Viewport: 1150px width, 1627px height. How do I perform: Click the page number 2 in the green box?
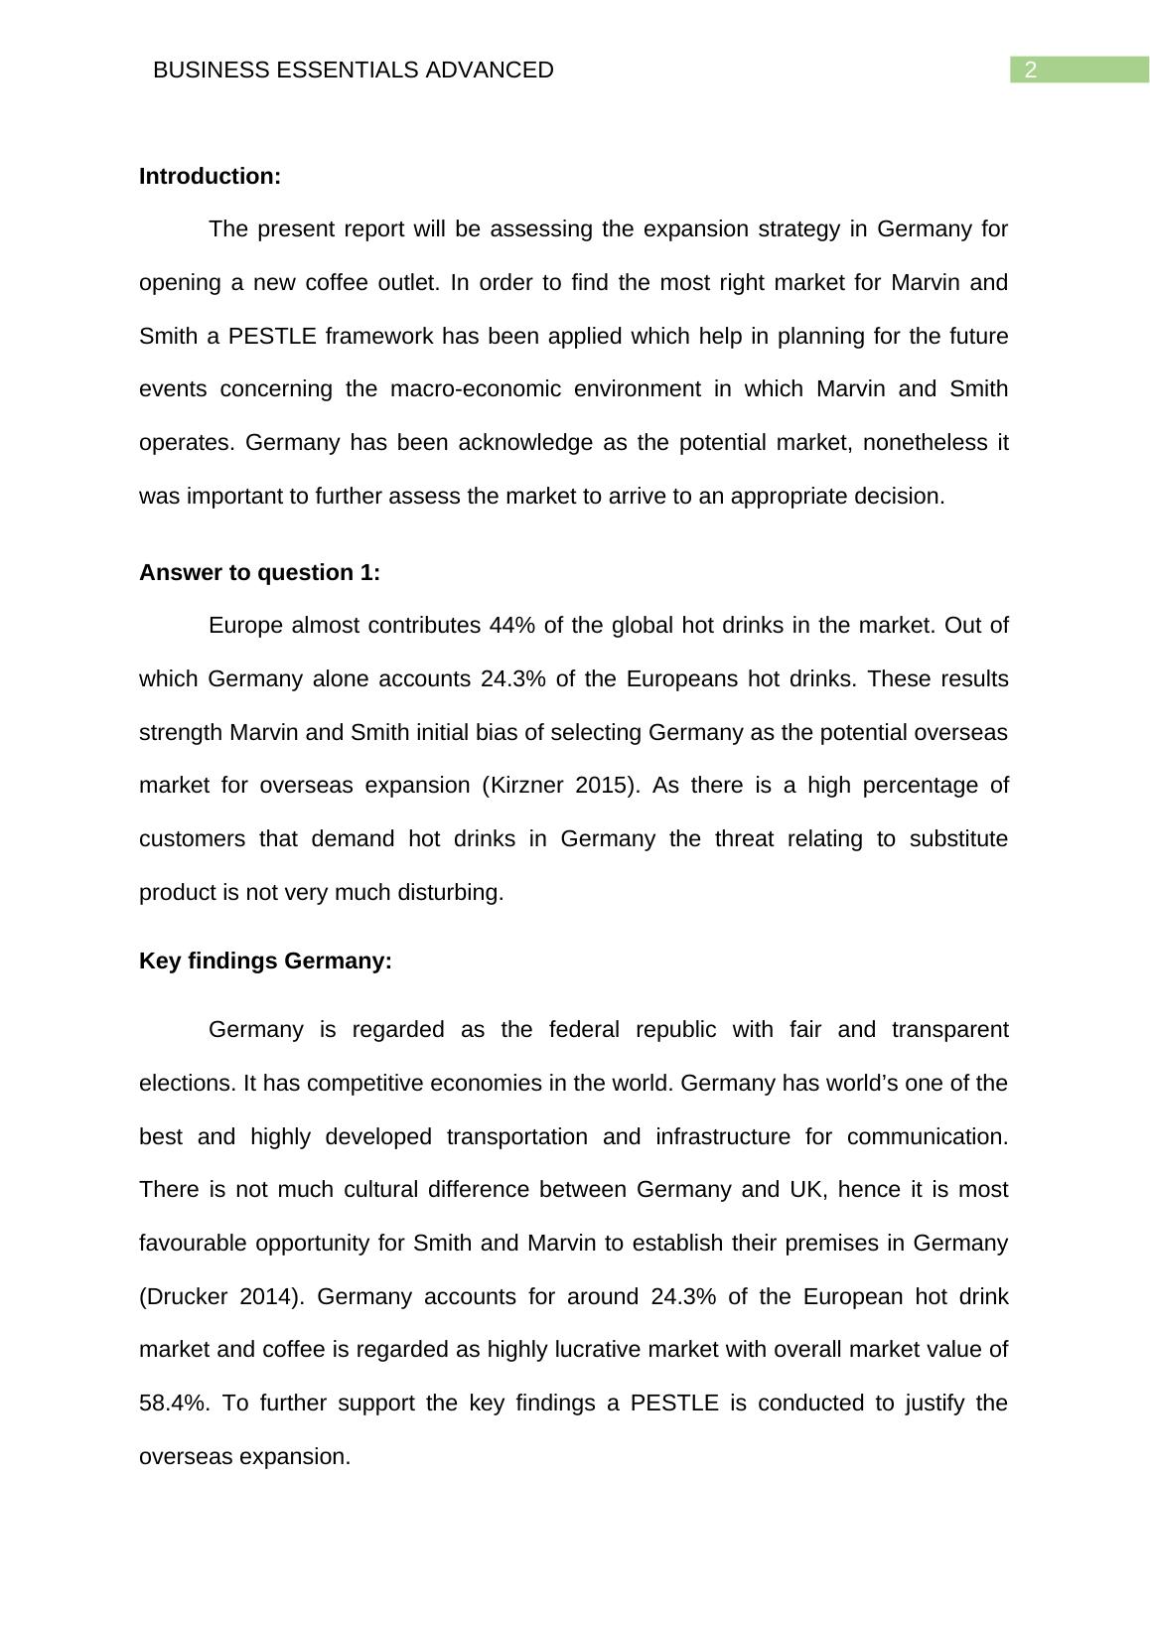(x=1031, y=71)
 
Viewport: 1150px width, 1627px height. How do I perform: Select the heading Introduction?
(x=210, y=177)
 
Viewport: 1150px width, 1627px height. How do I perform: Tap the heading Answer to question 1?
(x=259, y=573)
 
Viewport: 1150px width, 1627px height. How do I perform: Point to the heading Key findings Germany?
(x=265, y=961)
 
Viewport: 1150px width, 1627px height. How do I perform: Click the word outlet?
(x=408, y=283)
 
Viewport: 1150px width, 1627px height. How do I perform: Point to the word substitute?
(x=958, y=839)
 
